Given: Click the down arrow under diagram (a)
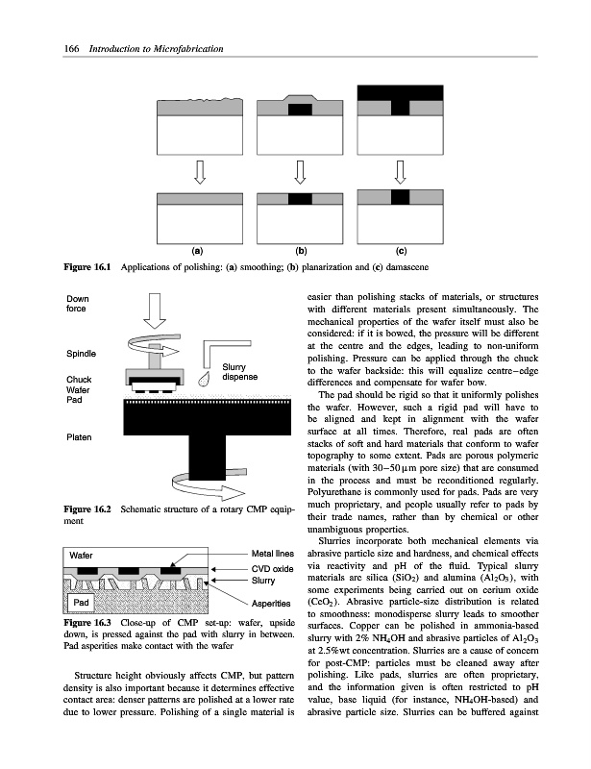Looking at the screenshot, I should click(200, 173).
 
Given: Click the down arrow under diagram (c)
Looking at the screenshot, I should click(400, 173).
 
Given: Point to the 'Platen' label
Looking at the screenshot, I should click(79, 438).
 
